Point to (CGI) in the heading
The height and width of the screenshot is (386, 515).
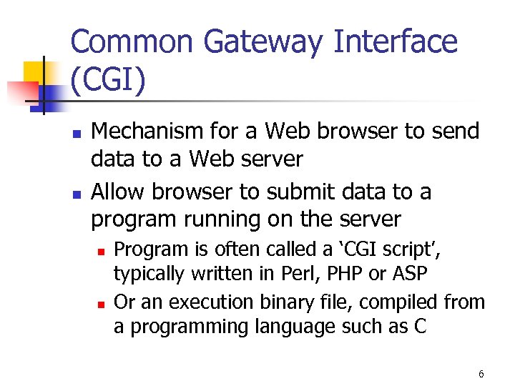(x=109, y=81)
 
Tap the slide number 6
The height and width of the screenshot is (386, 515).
(x=481, y=374)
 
